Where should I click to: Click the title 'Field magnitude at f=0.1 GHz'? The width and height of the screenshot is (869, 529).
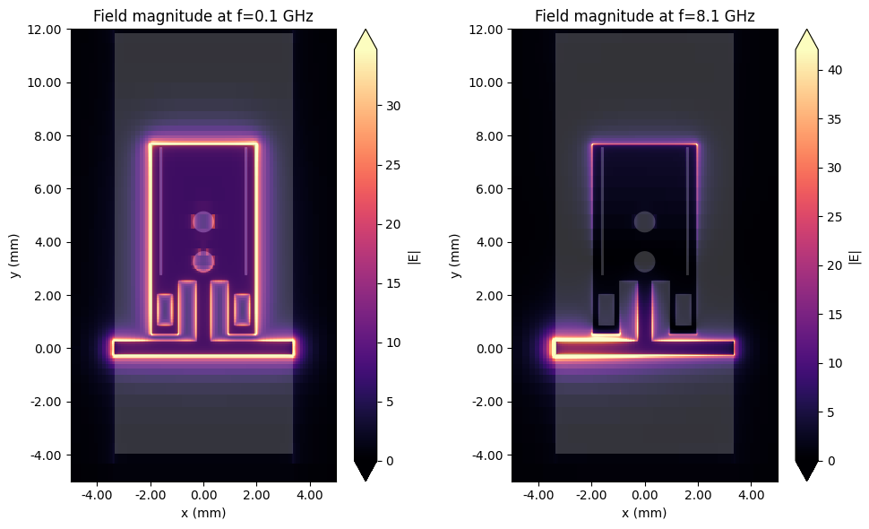[x=203, y=15]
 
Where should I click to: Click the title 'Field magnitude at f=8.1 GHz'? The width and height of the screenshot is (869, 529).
[x=644, y=15]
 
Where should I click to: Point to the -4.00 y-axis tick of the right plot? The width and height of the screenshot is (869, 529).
[x=486, y=455]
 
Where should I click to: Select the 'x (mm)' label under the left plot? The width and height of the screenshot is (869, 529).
[x=203, y=513]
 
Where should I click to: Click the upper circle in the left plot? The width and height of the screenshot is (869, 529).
[x=203, y=221]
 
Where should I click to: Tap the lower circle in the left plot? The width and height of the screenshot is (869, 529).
[x=203, y=261]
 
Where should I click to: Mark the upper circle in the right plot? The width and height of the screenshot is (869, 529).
[x=644, y=221]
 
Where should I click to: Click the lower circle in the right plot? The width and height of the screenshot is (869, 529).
[x=644, y=261]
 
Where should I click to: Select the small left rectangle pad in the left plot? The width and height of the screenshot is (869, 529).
[x=165, y=309]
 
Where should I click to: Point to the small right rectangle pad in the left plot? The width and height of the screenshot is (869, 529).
[x=242, y=309]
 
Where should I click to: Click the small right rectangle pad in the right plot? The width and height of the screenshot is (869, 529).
[x=683, y=309]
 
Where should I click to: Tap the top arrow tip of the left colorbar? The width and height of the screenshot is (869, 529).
[x=366, y=33]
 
